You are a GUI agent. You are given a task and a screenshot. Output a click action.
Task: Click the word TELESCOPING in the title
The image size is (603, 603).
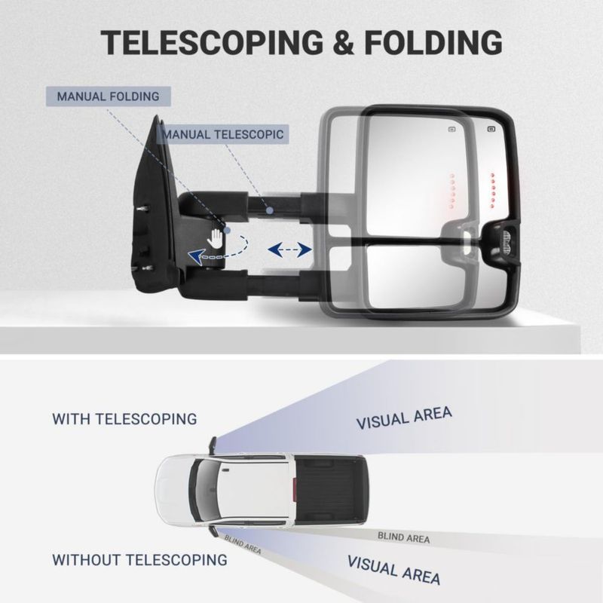pyautogui.click(x=212, y=42)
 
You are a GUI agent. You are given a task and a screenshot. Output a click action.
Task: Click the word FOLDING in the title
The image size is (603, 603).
pyautogui.click(x=433, y=42)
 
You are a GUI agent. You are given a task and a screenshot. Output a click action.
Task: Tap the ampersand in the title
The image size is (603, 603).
pyautogui.click(x=344, y=42)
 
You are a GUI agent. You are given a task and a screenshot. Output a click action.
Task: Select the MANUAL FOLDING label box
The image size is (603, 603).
pyautogui.click(x=108, y=96)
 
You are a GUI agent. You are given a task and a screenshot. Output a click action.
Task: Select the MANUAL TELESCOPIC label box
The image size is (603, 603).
pyautogui.click(x=223, y=134)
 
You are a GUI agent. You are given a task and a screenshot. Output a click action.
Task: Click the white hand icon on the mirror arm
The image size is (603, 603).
pyautogui.click(x=215, y=238)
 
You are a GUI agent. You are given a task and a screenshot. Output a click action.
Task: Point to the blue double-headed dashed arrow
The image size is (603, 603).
pyautogui.click(x=289, y=250)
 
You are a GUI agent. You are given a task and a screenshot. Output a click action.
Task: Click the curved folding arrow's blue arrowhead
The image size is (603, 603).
pyautogui.click(x=196, y=256)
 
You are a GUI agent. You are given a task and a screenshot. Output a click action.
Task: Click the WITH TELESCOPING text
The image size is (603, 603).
pyautogui.click(x=124, y=419)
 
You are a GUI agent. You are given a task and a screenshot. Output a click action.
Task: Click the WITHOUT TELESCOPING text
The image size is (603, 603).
pyautogui.click(x=139, y=560)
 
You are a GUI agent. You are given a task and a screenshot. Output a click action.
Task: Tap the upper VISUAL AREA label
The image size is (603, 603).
pyautogui.click(x=404, y=418)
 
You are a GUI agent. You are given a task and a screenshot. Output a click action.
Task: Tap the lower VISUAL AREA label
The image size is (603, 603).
pyautogui.click(x=393, y=570)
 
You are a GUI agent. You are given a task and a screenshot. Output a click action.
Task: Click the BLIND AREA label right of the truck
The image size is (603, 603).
pyautogui.click(x=403, y=537)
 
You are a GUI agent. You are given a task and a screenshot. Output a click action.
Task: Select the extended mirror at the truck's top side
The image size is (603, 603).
pyautogui.click(x=213, y=445)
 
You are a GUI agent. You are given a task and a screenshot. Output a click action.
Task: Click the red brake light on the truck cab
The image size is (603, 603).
pyautogui.click(x=294, y=489)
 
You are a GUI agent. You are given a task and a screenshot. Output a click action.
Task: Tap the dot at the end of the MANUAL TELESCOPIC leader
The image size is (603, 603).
pyautogui.click(x=270, y=210)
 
